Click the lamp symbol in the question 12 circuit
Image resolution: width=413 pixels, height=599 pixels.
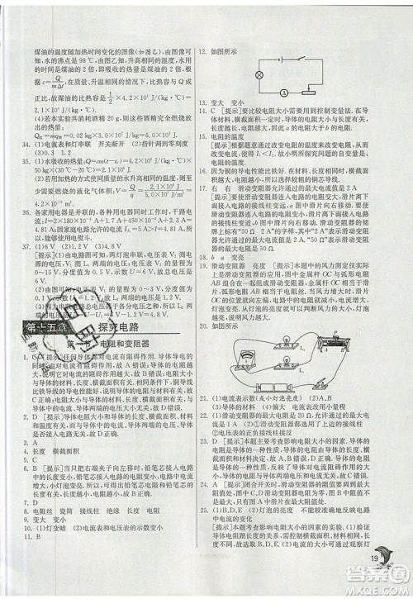(258, 74)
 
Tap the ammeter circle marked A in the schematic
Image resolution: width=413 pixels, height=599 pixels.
(282, 93)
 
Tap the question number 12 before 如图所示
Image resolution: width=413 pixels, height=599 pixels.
(202, 50)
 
